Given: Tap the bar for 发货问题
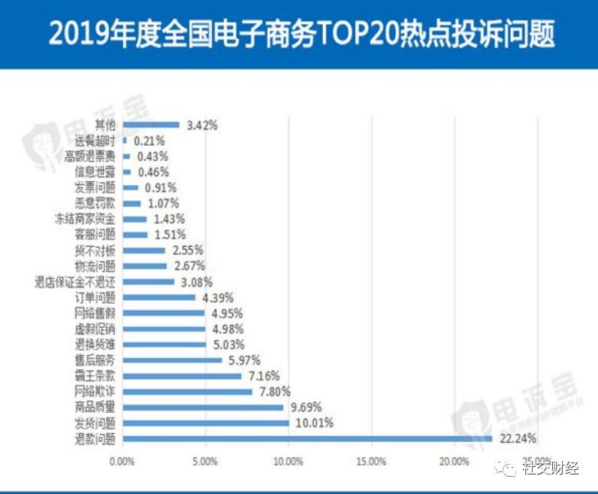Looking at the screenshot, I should pos(205,423).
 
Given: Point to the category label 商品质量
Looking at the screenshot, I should pos(95,407).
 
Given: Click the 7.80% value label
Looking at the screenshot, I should pos(274,391).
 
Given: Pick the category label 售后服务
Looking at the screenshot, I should pos(95,359).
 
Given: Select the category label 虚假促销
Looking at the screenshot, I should pos(95,329).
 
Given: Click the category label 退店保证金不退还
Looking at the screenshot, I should pos(75,282).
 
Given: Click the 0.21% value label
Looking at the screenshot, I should pos(149,141).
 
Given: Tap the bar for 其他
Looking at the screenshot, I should pos(150,125).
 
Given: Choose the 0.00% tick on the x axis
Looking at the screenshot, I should pos(122,460).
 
